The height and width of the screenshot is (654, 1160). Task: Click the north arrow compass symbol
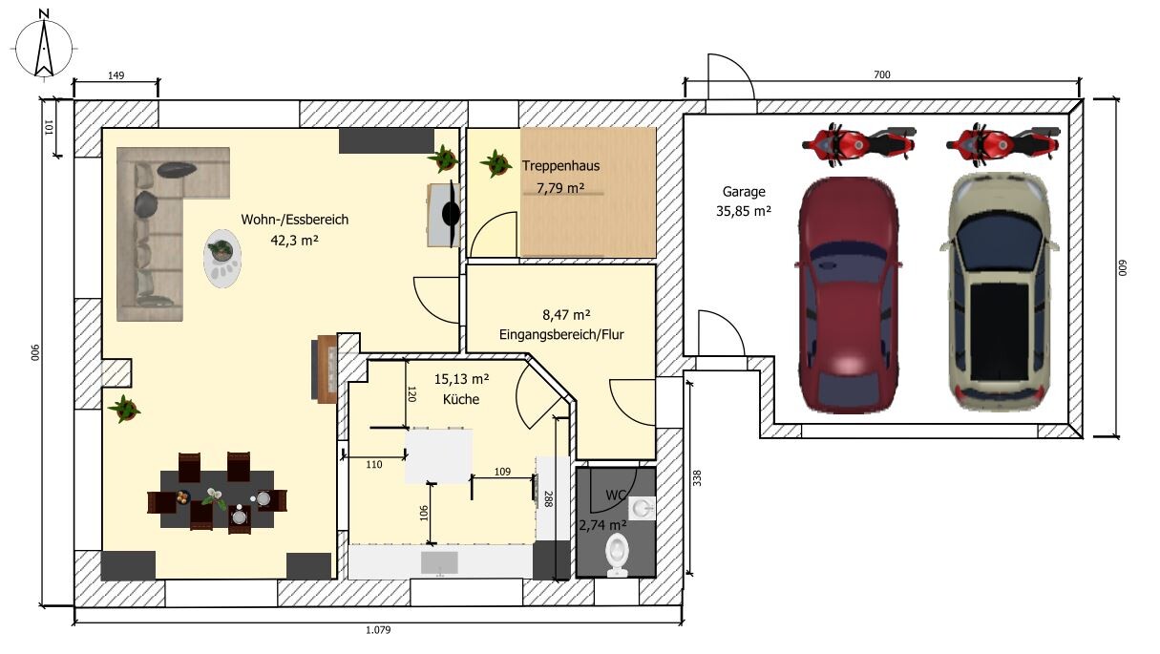pos(44,46)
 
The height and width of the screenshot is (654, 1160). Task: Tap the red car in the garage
pos(847,295)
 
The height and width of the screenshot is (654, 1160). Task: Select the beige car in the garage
pos(999,291)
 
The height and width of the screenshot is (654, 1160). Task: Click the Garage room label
pos(744,192)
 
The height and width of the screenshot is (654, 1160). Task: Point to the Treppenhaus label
pos(560,166)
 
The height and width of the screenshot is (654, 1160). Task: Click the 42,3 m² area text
pos(294,241)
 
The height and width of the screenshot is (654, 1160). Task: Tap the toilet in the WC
pos(617,555)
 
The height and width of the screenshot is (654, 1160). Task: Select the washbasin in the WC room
pos(642,509)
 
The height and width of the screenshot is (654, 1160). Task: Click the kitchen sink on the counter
pos(439,563)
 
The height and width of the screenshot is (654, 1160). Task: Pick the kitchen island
pos(438,456)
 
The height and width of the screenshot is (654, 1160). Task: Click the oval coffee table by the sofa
pos(222,258)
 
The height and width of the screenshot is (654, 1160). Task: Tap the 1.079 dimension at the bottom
pos(378,630)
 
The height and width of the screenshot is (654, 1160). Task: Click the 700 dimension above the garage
pos(882,74)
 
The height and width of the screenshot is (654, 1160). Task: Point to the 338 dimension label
pos(697,477)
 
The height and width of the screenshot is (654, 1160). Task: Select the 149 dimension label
pos(116,75)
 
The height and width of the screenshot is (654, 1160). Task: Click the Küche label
pos(461,399)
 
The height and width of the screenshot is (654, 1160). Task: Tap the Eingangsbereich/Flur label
pos(561,334)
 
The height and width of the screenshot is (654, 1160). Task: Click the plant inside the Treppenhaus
pos(496,163)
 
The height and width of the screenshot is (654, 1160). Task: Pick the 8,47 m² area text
pos(566,315)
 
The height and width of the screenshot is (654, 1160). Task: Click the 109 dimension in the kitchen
pos(502,472)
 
